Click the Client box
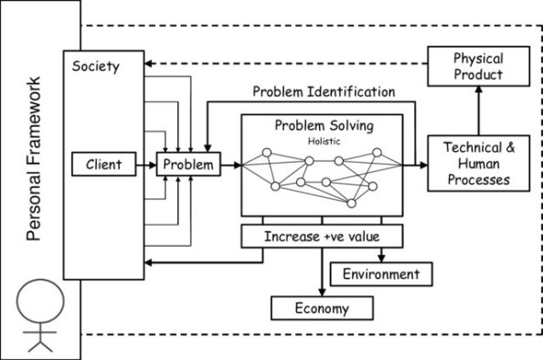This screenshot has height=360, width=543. (x=103, y=165)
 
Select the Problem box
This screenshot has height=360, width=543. (x=189, y=165)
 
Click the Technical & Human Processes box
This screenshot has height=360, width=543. (x=478, y=162)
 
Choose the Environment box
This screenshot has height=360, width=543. (x=380, y=273)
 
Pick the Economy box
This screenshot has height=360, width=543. (x=321, y=308)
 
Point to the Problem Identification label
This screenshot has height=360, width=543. (x=323, y=91)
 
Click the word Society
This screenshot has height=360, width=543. (x=95, y=67)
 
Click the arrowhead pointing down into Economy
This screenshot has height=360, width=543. (x=321, y=291)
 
